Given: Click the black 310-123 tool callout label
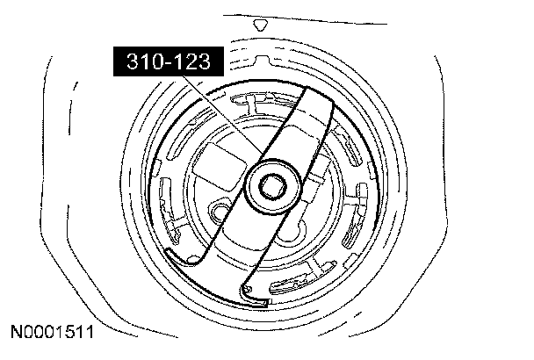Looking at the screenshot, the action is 169,61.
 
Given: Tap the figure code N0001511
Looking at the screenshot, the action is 53,332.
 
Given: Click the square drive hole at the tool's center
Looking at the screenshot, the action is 273,186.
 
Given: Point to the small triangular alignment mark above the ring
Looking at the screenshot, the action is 261,25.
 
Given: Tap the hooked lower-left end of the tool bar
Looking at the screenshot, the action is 182,256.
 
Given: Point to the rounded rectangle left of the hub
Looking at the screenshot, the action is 220,167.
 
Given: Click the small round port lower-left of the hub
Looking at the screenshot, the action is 219,211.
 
